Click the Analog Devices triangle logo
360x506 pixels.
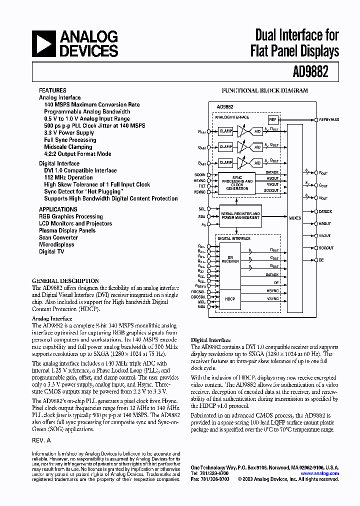(x=44, y=43)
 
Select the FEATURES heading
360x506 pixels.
(x=52, y=90)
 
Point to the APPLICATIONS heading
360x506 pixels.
(x=58, y=209)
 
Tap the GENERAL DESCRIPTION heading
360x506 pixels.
(x=65, y=281)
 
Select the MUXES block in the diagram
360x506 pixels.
(x=295, y=217)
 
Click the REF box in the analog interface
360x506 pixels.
(x=272, y=120)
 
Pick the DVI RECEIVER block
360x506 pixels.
(x=230, y=259)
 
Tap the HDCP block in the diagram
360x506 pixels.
(x=230, y=298)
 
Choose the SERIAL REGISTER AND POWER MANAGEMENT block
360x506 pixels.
(x=240, y=215)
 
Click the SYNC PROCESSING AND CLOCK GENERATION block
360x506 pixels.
(x=237, y=183)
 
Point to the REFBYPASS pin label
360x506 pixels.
(x=328, y=120)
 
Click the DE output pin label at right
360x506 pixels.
(x=322, y=260)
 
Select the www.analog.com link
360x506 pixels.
(x=320, y=473)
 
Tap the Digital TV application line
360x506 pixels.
(x=51, y=251)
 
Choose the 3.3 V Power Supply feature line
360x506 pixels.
(x=69, y=133)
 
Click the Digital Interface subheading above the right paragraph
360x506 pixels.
(x=210, y=340)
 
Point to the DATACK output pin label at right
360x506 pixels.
(x=325, y=211)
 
